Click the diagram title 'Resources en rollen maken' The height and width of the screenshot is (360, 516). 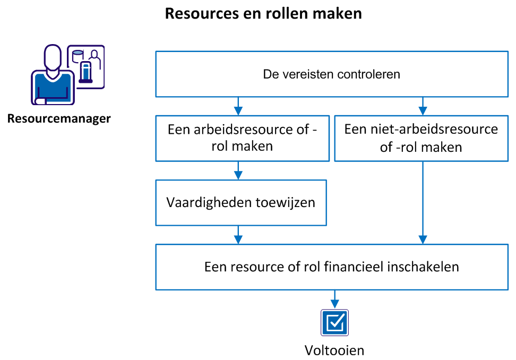[x=263, y=13]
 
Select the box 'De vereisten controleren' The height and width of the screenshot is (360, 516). [x=331, y=74]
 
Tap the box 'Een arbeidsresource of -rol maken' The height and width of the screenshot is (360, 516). [x=242, y=138]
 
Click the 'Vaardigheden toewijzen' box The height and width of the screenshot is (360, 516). [x=240, y=202]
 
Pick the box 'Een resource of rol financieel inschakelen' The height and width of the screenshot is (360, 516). [x=331, y=267]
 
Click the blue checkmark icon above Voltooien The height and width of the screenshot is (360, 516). [x=334, y=322]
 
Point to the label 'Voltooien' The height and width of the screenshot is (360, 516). [x=334, y=350]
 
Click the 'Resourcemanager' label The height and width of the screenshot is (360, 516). [x=59, y=118]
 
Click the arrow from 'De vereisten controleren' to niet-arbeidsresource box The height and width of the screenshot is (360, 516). [x=423, y=106]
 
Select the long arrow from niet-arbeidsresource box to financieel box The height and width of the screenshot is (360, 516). [x=423, y=202]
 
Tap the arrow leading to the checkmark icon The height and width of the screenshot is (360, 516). [x=334, y=299]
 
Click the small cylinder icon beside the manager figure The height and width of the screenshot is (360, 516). [x=78, y=54]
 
